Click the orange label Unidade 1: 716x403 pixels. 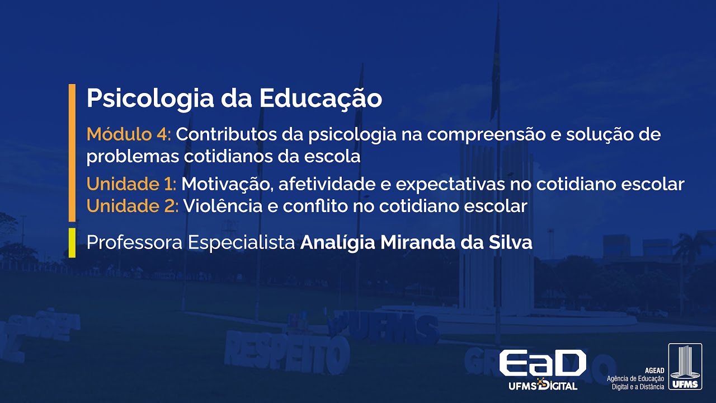click(x=131, y=184)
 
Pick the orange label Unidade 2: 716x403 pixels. click(x=133, y=206)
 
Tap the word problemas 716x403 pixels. click(x=133, y=157)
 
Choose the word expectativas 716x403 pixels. click(x=441, y=184)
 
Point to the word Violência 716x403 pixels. click(x=218, y=206)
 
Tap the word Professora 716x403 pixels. click(x=134, y=243)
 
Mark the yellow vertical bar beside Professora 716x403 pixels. click(x=72, y=243)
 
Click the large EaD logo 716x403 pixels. click(x=543, y=364)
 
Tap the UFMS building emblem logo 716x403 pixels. click(x=685, y=367)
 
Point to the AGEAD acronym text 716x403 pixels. click(x=654, y=371)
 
